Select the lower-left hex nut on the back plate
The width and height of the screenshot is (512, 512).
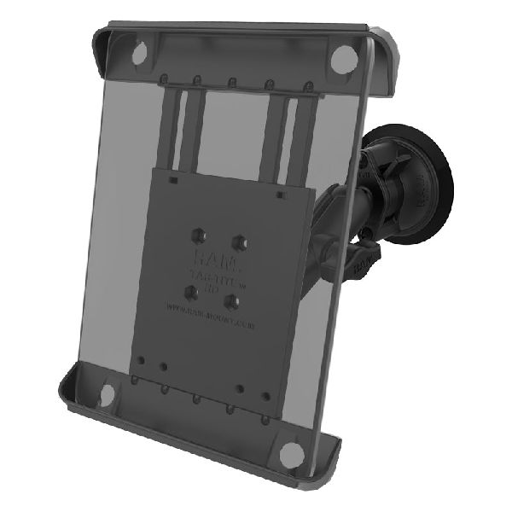point(195,291)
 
